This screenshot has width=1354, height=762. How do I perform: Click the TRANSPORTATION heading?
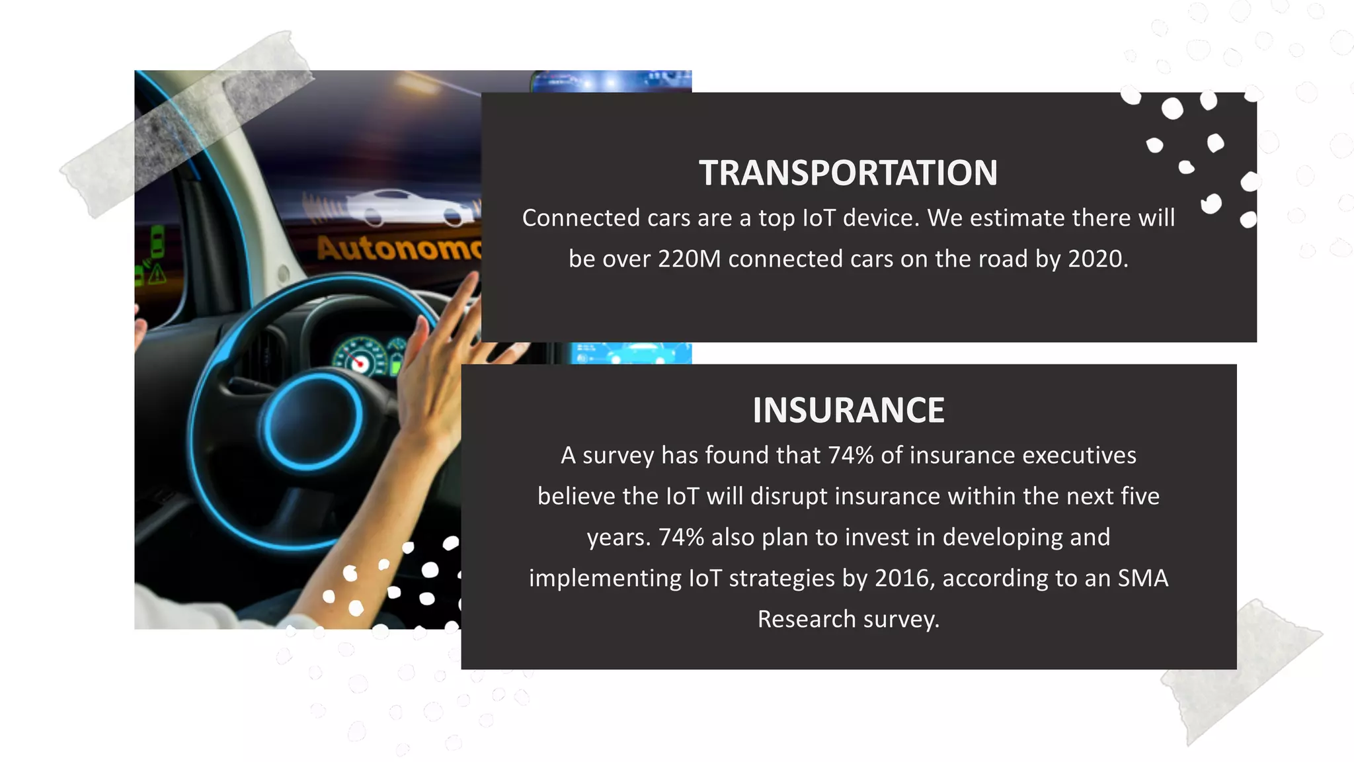848,173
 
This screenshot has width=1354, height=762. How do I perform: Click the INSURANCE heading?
848,410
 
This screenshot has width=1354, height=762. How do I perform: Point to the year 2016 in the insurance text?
904,578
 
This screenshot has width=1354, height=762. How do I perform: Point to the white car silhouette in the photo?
410,206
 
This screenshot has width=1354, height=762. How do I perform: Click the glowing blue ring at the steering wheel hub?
313,421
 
